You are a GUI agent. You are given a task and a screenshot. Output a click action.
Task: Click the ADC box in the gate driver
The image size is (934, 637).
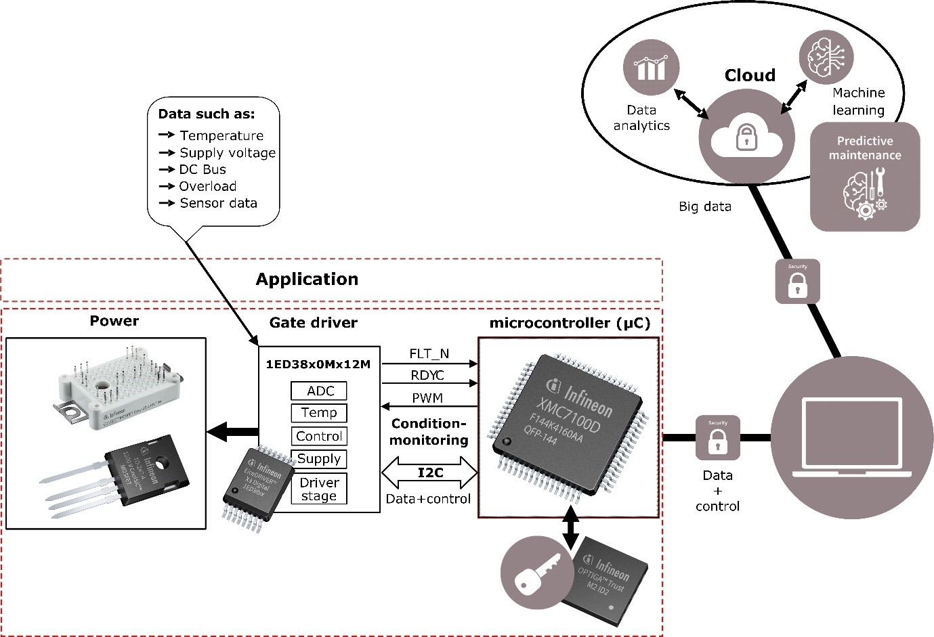click(x=319, y=391)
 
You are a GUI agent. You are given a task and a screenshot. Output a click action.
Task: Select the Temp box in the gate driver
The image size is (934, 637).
click(x=319, y=413)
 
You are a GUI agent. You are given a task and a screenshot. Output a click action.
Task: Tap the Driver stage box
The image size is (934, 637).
click(x=318, y=489)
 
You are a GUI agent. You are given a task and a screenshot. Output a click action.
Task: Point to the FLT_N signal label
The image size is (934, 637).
click(x=429, y=353)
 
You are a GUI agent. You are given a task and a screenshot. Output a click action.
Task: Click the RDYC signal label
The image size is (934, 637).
click(x=427, y=375)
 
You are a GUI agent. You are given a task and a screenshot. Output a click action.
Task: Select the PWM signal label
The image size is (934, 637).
click(x=427, y=398)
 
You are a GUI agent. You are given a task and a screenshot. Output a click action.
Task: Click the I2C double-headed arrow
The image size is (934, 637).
click(x=430, y=473)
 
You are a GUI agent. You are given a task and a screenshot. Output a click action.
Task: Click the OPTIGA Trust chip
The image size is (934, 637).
click(x=606, y=581)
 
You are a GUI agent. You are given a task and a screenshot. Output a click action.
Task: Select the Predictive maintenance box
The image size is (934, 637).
click(x=865, y=176)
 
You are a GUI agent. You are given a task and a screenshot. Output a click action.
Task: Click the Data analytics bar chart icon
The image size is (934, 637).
click(x=651, y=67)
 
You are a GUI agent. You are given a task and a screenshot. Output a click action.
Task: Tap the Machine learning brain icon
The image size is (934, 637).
click(x=826, y=56)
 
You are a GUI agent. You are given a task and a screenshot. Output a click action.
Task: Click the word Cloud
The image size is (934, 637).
click(x=750, y=75)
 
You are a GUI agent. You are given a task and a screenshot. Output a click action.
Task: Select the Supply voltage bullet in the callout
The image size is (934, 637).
click(x=227, y=152)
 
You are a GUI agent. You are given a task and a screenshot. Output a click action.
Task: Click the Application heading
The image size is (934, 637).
click(x=307, y=279)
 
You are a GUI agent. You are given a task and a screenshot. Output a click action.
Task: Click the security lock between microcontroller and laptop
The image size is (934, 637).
click(x=717, y=438)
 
